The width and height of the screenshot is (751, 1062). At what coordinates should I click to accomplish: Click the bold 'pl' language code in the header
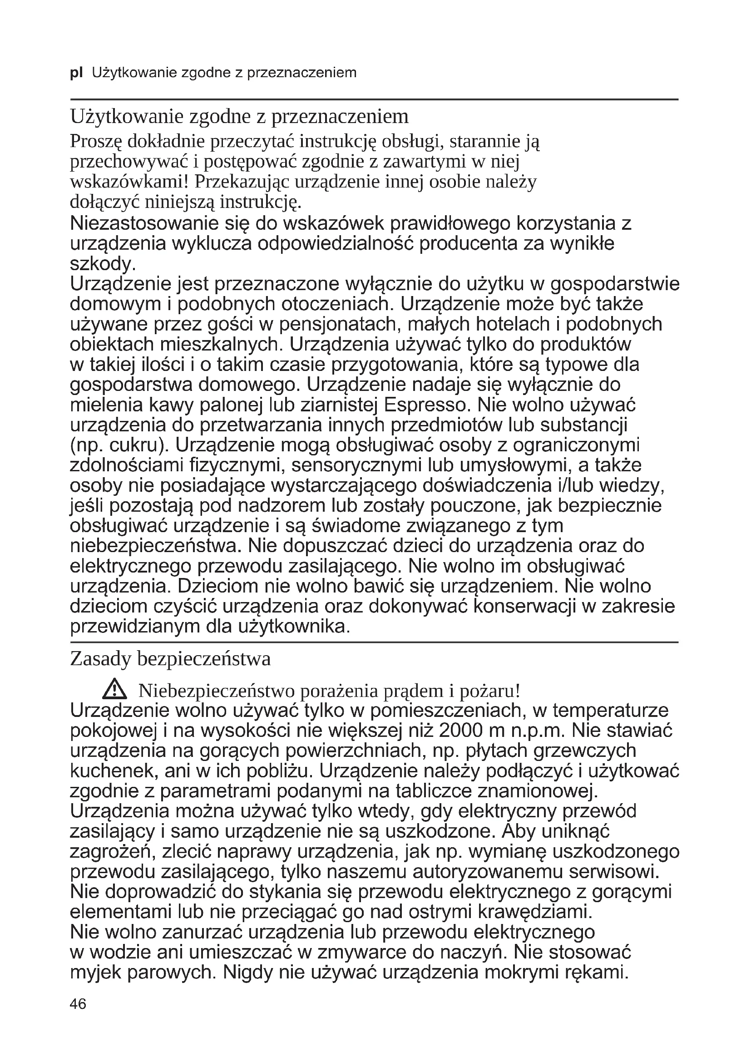[76, 73]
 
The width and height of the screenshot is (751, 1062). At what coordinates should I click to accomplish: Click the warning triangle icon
[114, 691]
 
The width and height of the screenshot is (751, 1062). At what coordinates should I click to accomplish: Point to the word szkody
[102, 264]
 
